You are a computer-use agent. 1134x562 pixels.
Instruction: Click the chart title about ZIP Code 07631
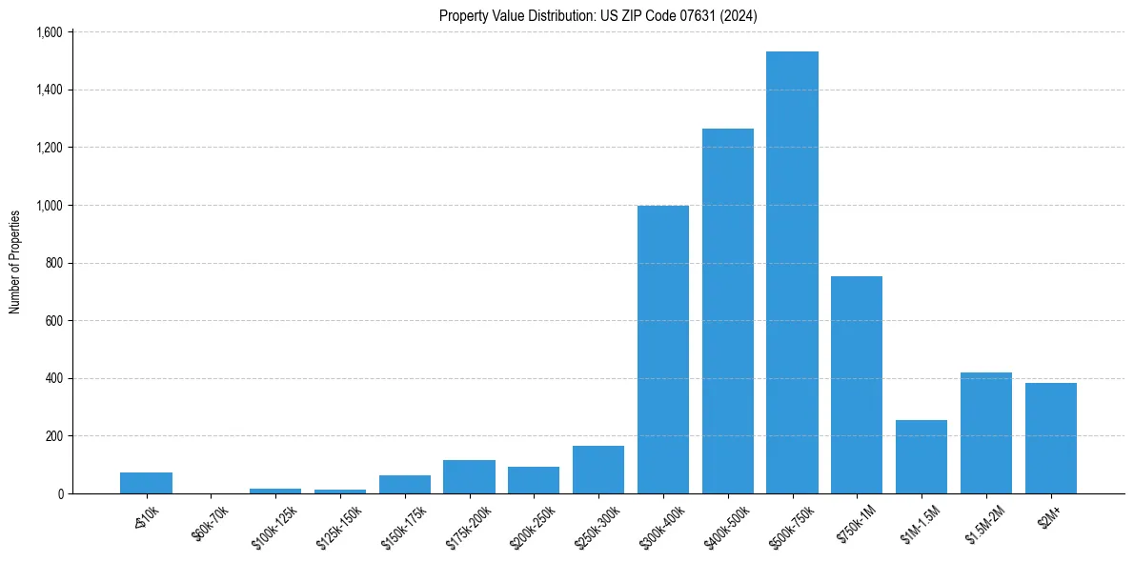(597, 15)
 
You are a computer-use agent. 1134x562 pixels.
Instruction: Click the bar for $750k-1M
(857, 385)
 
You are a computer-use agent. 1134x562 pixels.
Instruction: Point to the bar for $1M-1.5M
(921, 457)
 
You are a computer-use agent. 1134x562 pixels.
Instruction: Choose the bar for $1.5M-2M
(986, 433)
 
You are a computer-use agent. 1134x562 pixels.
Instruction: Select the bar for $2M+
(1051, 438)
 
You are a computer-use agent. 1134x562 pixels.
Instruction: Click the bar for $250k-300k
(598, 470)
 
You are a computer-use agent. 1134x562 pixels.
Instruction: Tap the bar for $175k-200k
(469, 477)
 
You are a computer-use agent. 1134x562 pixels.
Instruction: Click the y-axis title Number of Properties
(15, 262)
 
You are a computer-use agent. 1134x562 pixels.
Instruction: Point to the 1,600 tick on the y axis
(49, 32)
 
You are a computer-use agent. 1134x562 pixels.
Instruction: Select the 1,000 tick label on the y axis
(49, 206)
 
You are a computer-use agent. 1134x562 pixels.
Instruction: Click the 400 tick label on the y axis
(53, 379)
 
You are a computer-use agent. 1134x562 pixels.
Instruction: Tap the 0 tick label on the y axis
(59, 494)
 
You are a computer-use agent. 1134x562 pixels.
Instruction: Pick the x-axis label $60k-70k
(210, 523)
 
